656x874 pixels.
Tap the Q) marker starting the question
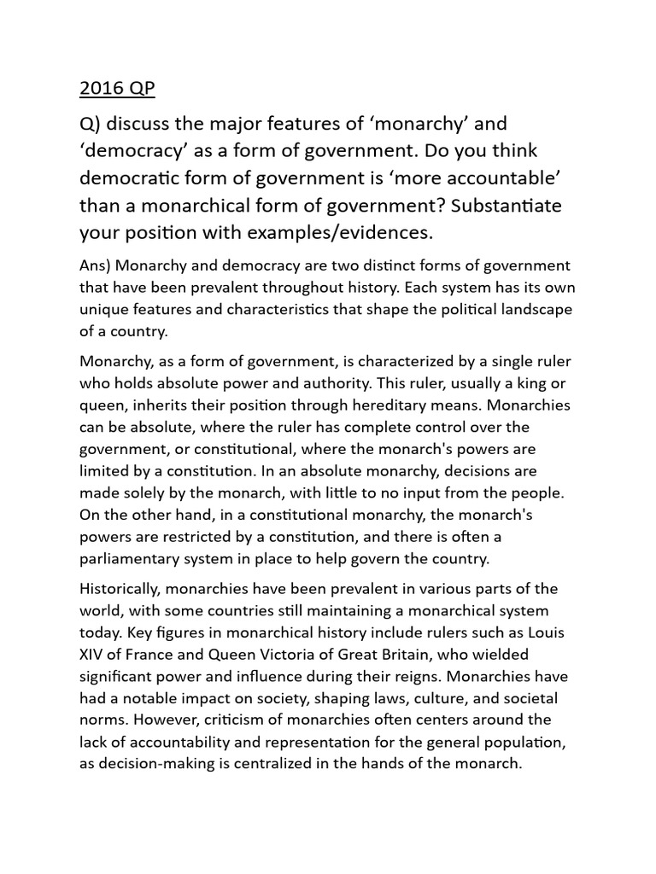(91, 125)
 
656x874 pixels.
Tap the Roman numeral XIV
(93, 655)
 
